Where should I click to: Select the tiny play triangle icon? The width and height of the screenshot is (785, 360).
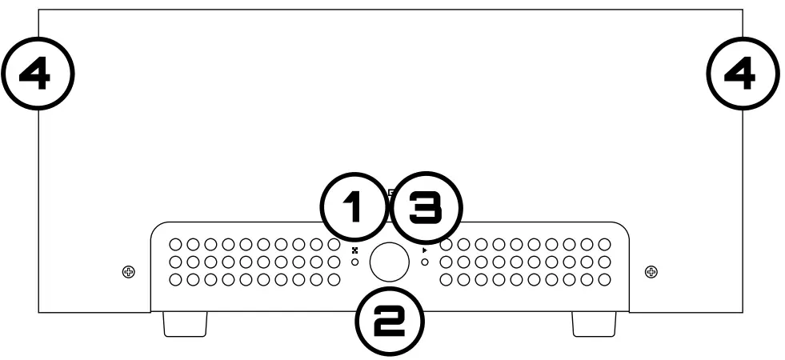[424, 250]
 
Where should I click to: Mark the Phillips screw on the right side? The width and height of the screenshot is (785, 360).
[651, 272]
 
